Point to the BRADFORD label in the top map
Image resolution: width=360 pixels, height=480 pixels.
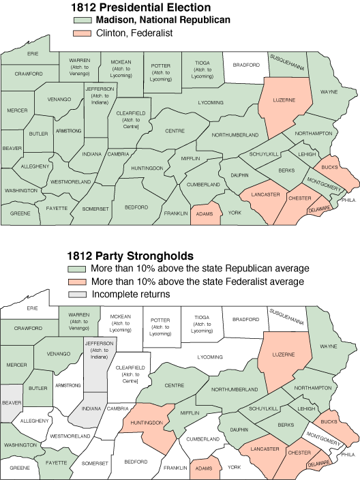click(246, 65)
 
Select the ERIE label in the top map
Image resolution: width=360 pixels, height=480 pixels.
click(33, 53)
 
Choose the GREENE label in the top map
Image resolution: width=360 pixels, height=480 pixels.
click(20, 213)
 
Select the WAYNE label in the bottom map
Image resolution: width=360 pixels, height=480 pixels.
click(329, 346)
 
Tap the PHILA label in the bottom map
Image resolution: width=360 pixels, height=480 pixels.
click(348, 455)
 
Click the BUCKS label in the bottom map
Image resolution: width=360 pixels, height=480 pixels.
click(329, 421)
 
